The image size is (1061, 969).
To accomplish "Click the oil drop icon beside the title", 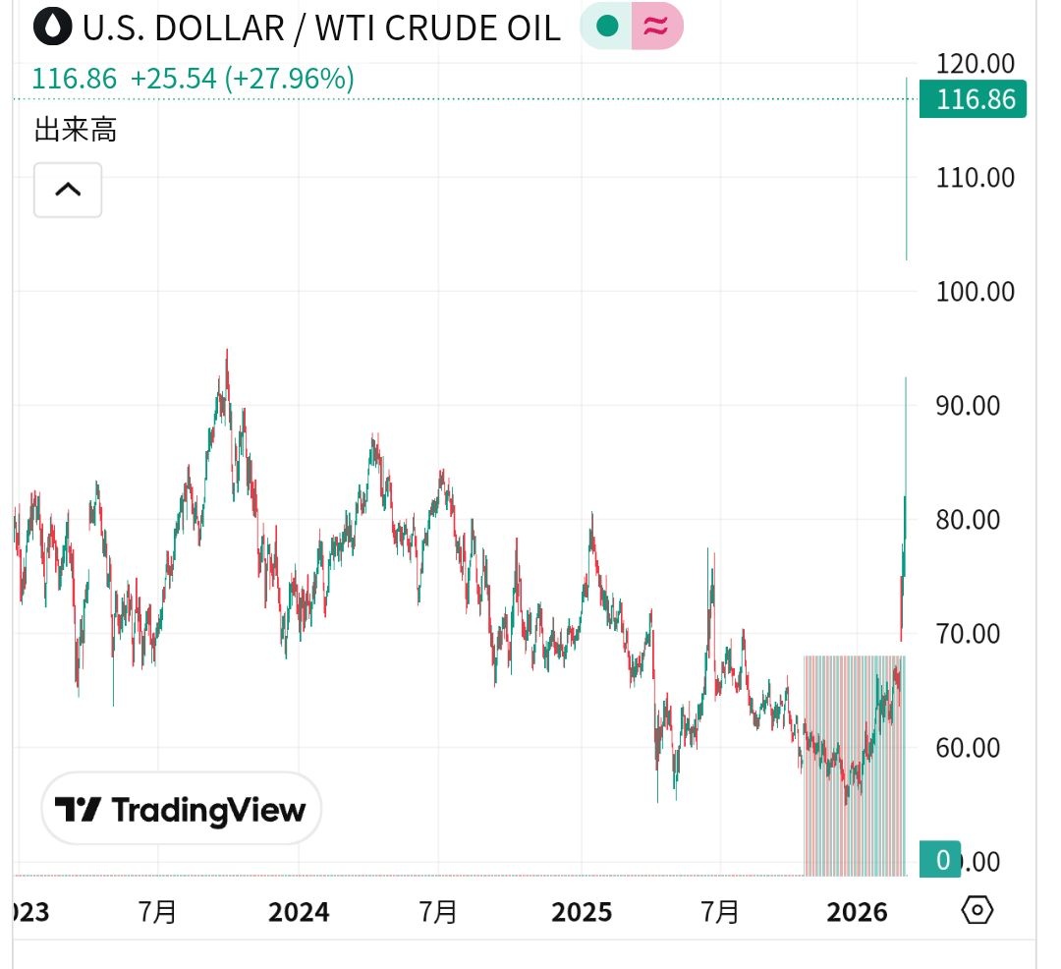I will point(52,27).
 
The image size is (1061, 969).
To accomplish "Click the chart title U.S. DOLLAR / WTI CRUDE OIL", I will point(321,28).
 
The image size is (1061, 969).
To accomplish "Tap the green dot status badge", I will point(607,27).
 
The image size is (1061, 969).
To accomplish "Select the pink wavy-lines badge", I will point(656,27).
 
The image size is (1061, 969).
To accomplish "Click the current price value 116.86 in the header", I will point(74,79).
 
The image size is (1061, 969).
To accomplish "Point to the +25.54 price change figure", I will point(173,79).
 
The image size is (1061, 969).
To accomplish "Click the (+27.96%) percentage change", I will point(290,79).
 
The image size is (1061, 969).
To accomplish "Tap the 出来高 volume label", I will point(76,130).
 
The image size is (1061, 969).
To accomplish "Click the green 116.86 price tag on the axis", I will point(974,99).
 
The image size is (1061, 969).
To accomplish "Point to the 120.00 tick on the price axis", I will point(976,64).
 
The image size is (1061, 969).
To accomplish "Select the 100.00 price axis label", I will point(976,292).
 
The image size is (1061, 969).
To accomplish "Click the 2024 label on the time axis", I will point(299,913).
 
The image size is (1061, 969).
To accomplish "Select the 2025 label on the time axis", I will point(582,913).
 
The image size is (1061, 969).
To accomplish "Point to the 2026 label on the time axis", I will point(857,913).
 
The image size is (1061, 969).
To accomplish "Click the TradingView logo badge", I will point(181,810).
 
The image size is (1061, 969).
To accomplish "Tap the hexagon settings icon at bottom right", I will point(977,911).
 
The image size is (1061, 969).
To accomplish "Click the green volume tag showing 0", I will point(942,861).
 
